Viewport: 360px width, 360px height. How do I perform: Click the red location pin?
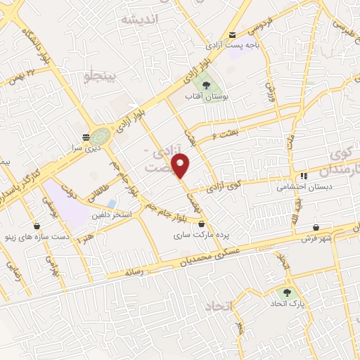pyautogui.click(x=182, y=165)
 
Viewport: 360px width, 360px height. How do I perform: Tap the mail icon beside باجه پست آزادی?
pyautogui.click(x=233, y=34)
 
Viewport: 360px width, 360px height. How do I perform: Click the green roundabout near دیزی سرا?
pyautogui.click(x=99, y=133)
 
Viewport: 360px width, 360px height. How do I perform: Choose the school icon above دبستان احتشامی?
pyautogui.click(x=304, y=176)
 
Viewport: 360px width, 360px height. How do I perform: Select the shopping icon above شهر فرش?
pyautogui.click(x=317, y=227)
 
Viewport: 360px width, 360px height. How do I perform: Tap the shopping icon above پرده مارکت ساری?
pyautogui.click(x=202, y=224)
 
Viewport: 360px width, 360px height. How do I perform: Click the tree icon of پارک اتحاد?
pyautogui.click(x=286, y=292)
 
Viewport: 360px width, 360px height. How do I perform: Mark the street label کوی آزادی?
pyautogui.click(x=226, y=187)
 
